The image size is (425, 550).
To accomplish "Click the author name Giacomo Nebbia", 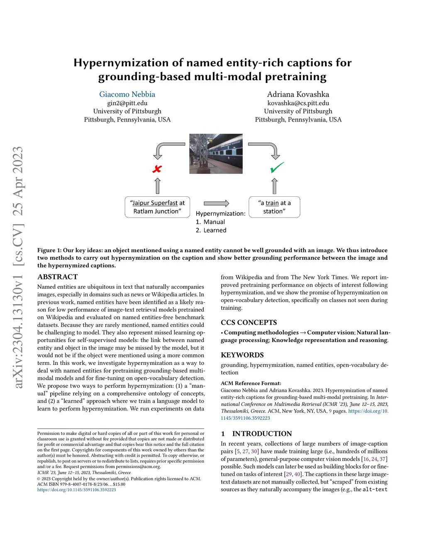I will coord(127,94).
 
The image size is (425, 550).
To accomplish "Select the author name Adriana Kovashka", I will coord(298,94).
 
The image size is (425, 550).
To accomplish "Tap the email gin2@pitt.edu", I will coord(127,103).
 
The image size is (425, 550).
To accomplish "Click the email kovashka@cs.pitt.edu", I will coord(298,103).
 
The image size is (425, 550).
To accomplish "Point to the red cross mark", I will coord(157,169).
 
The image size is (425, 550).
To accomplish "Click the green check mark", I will coord(277,167).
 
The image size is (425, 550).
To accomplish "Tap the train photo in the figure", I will coord(216,154).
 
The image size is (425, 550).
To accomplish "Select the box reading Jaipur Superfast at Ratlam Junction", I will coord(157,207).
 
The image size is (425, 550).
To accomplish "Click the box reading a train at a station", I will coord(274,207).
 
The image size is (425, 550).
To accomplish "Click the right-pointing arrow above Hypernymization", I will coord(216,203).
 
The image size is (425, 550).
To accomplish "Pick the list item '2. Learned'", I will coord(211,230).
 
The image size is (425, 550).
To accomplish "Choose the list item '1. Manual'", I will coord(210,222).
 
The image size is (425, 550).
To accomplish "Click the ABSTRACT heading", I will coord(58,277).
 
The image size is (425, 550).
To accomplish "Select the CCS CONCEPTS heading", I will coord(249,323).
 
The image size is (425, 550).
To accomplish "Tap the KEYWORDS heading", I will coord(242,355).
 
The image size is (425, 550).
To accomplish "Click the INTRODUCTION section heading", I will coord(262,434).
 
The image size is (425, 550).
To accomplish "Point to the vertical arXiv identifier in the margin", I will coord(17,268).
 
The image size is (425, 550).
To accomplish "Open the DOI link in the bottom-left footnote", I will coord(77,490).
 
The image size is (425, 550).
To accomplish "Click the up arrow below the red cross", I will coord(157,186).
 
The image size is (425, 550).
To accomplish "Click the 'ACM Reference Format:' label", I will coord(251,383).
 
